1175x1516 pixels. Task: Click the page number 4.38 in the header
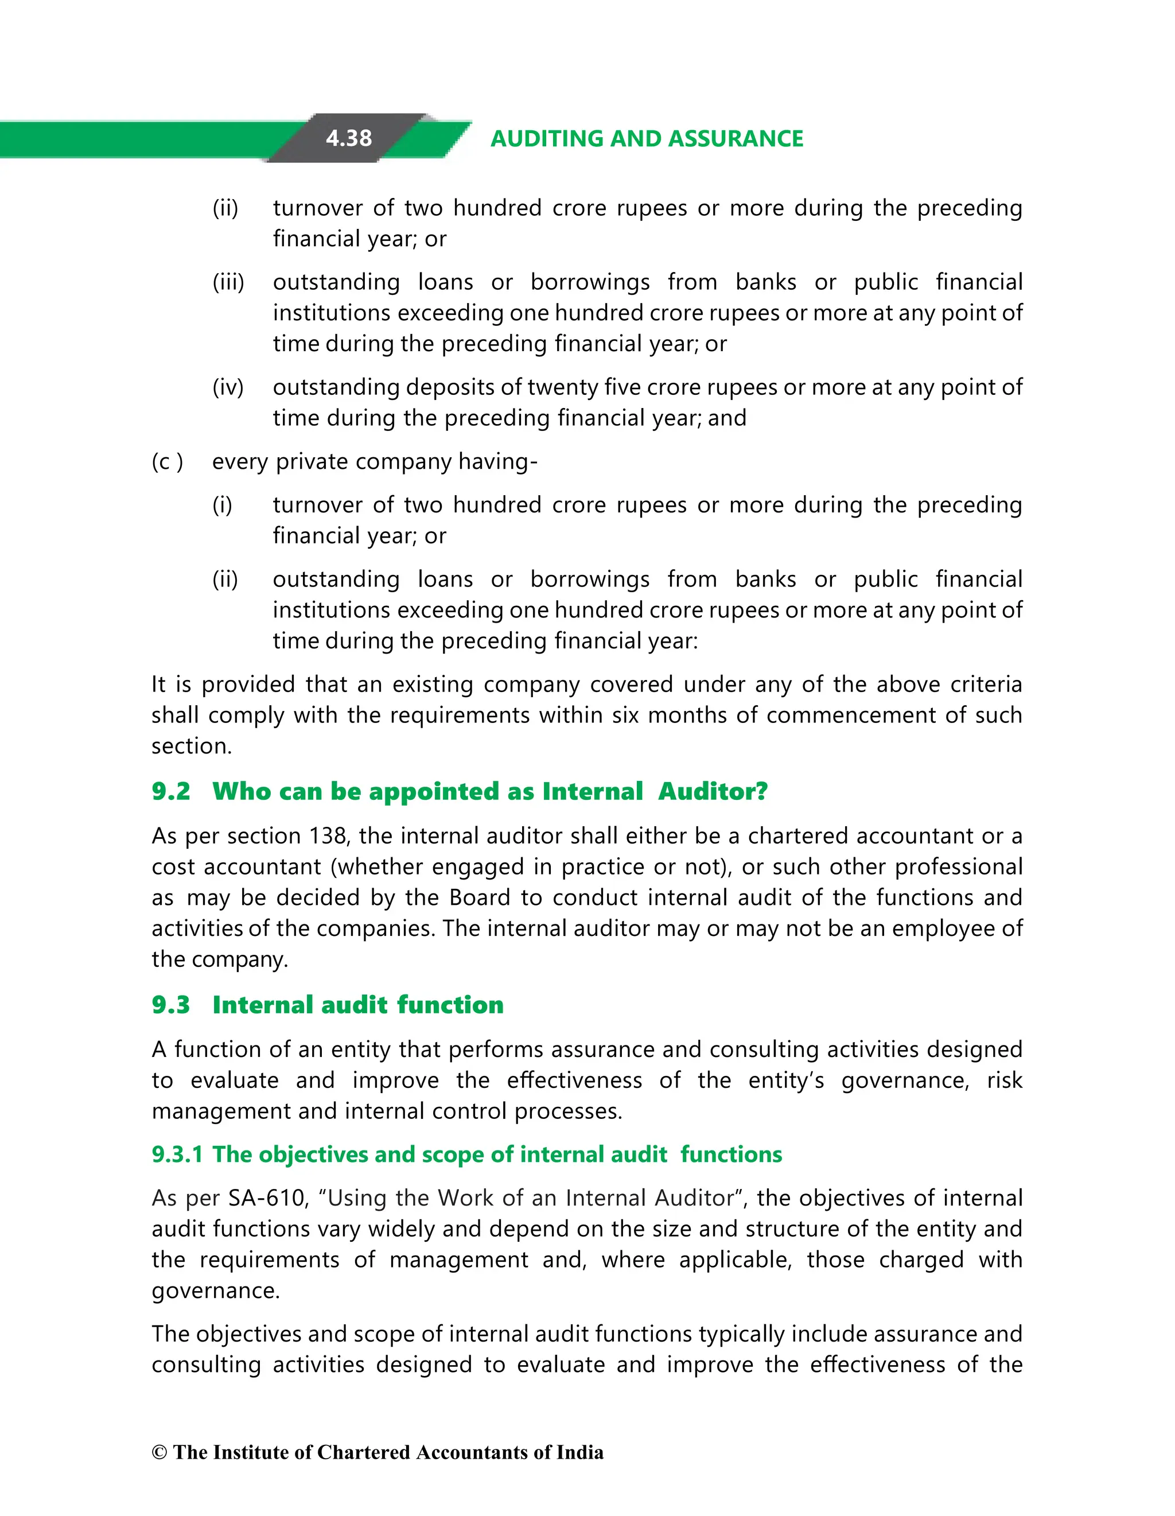(348, 138)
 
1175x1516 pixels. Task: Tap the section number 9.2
(171, 791)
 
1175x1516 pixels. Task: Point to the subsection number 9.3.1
(177, 1155)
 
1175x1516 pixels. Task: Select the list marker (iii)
(228, 282)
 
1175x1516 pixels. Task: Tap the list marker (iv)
(228, 387)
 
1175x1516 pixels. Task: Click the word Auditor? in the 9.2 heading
(713, 791)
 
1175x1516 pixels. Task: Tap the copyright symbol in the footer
(159, 1453)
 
